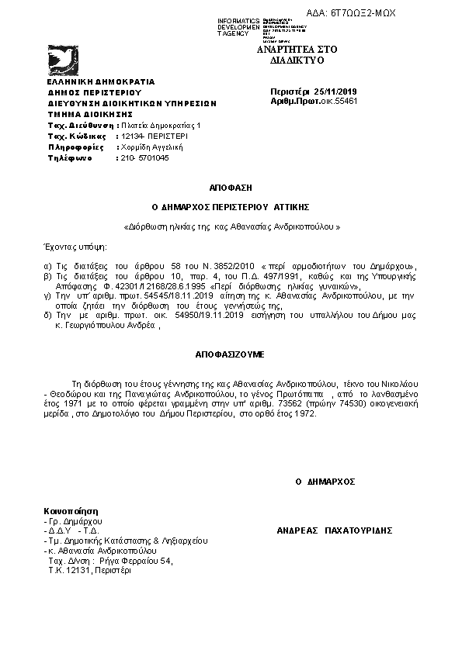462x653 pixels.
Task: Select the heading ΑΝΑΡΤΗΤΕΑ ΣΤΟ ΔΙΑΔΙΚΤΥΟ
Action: (x=290, y=54)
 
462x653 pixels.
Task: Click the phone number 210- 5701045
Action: (x=144, y=157)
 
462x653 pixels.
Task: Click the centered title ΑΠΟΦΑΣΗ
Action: (x=230, y=188)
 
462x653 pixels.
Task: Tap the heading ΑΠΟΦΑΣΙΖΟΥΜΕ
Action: (x=230, y=354)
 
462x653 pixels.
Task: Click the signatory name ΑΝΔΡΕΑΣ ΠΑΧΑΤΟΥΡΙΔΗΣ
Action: (x=335, y=530)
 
